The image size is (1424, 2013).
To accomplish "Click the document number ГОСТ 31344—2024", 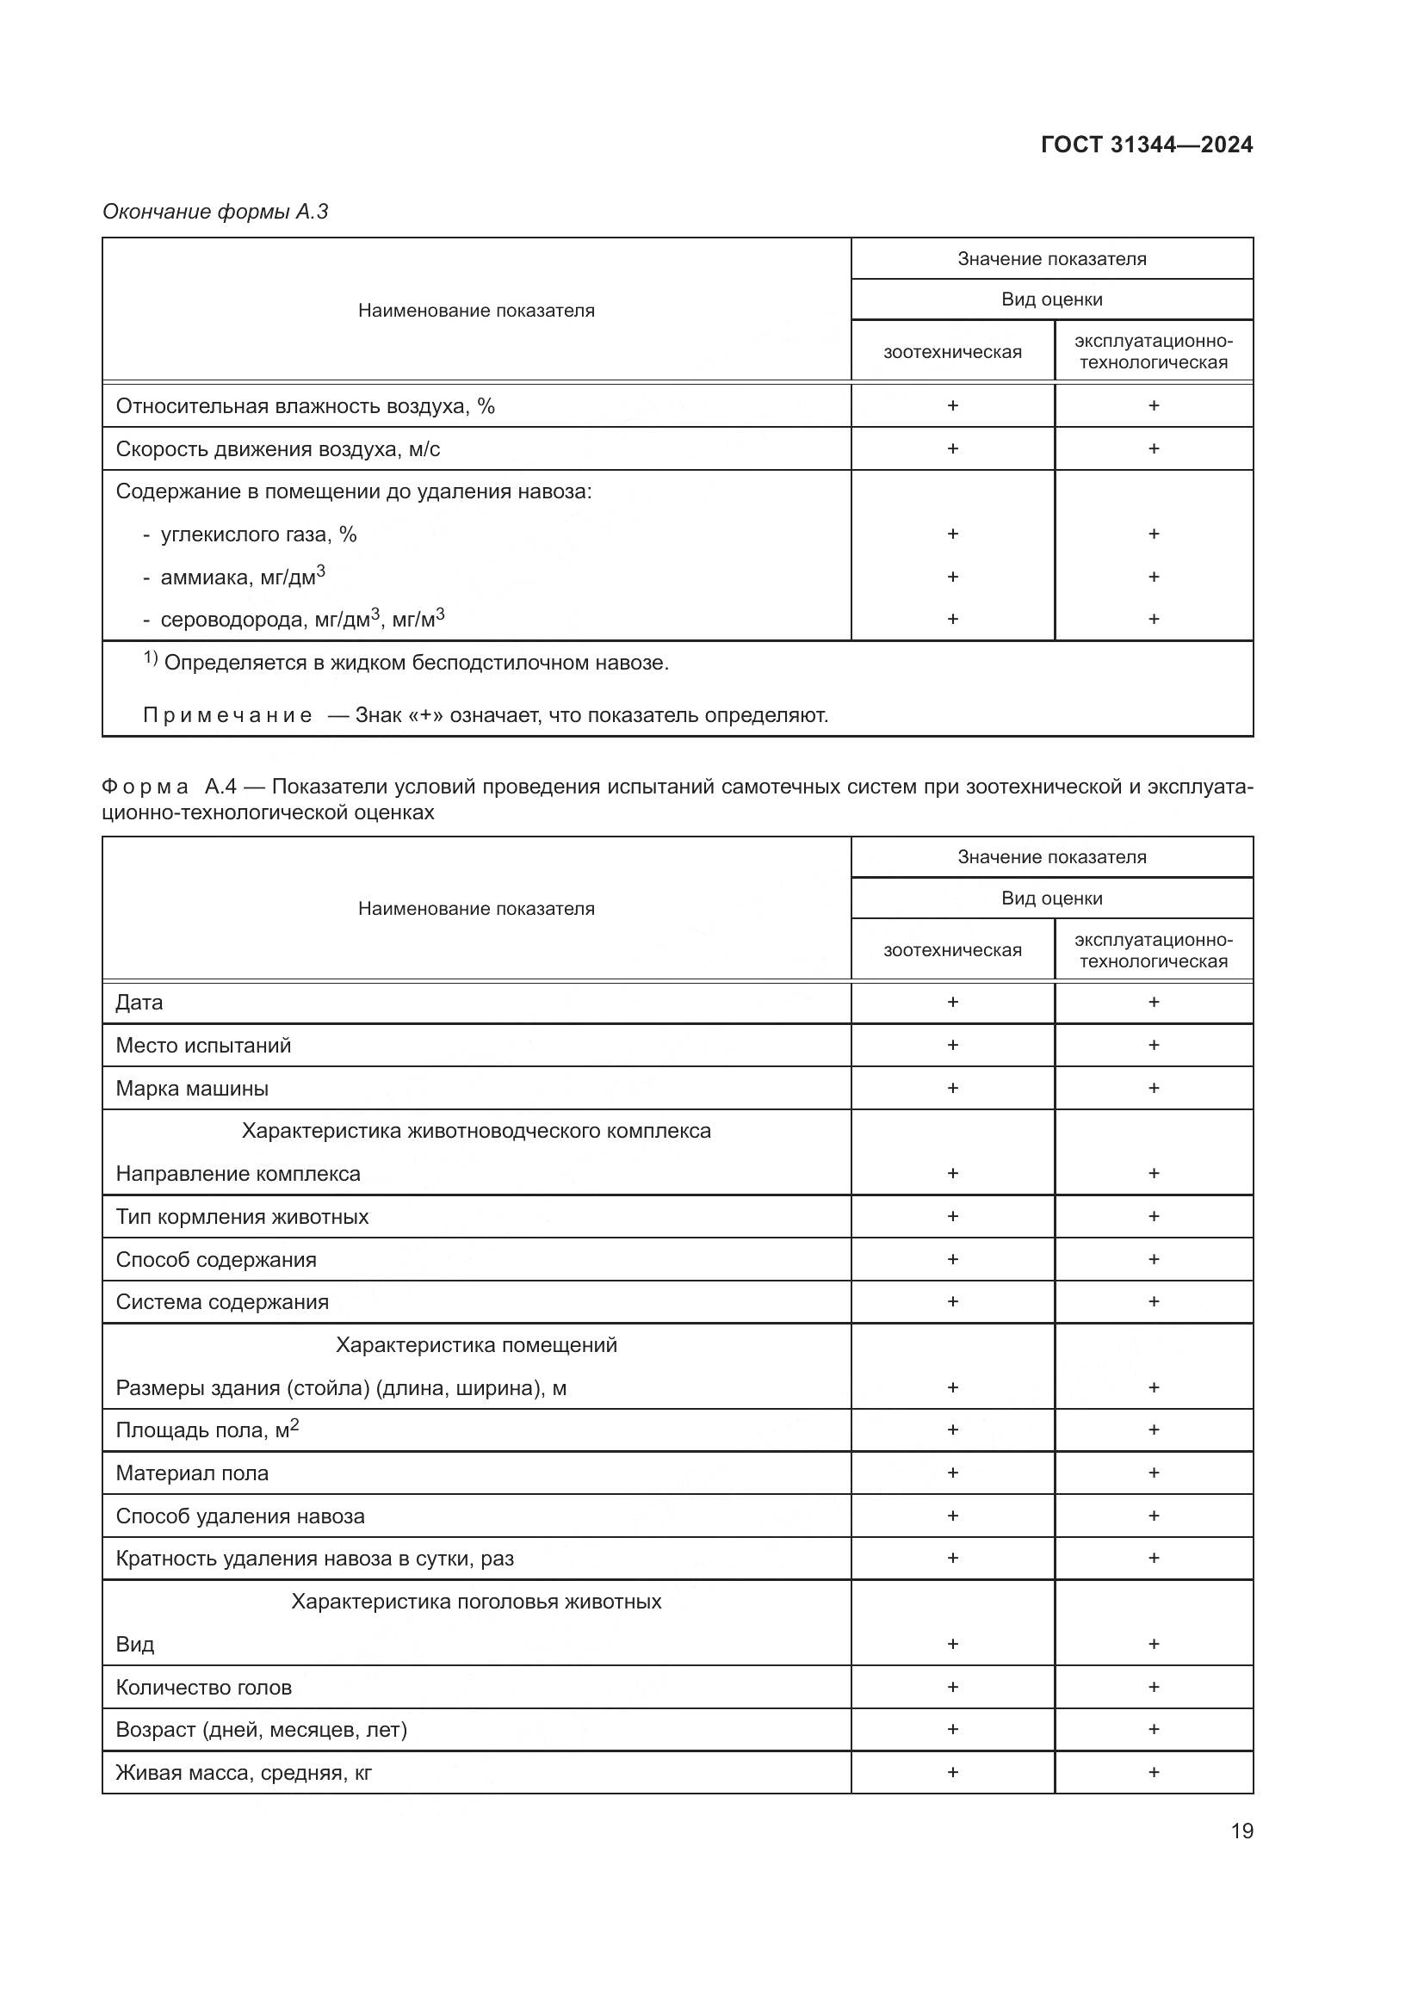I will [x=1146, y=145].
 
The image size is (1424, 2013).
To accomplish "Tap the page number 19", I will [x=1241, y=1831].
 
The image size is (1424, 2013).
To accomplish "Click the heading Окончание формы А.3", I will [x=215, y=212].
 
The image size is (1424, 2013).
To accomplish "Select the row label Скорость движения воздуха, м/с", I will [x=277, y=449].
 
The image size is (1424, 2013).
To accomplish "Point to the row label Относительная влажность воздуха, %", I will [x=304, y=406].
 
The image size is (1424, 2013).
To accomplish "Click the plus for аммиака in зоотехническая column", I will [x=952, y=577].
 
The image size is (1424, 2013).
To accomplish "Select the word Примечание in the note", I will [x=227, y=715].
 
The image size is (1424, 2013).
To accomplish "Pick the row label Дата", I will [x=139, y=1002].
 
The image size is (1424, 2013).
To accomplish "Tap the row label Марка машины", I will [x=192, y=1088].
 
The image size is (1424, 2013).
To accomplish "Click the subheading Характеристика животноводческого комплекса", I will [x=476, y=1131].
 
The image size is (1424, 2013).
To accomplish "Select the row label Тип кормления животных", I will [x=242, y=1217].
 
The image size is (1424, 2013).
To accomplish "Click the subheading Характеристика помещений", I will [x=476, y=1345].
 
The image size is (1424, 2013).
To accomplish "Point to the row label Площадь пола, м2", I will [x=207, y=1430].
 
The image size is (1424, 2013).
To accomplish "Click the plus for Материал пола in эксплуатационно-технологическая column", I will [x=1153, y=1473].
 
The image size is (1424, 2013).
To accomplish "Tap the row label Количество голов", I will [x=203, y=1688].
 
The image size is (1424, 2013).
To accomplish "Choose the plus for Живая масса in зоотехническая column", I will [x=952, y=1773].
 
